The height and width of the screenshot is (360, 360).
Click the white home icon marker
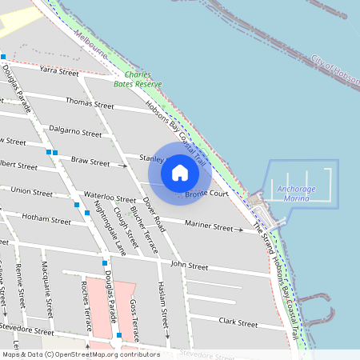(x=180, y=172)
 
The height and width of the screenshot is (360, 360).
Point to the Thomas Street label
(x=90, y=103)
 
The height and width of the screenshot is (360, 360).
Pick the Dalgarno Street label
(x=75, y=131)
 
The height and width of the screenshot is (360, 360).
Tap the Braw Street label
(x=90, y=162)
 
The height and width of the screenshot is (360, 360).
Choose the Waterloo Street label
(x=110, y=198)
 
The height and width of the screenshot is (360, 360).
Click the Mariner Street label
(x=208, y=227)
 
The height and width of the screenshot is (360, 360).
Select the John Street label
(x=189, y=266)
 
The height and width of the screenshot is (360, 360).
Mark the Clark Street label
(x=238, y=324)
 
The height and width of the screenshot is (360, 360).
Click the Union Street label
(x=32, y=191)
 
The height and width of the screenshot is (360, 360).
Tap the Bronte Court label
(x=207, y=194)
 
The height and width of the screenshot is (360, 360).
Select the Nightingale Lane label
(x=110, y=228)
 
